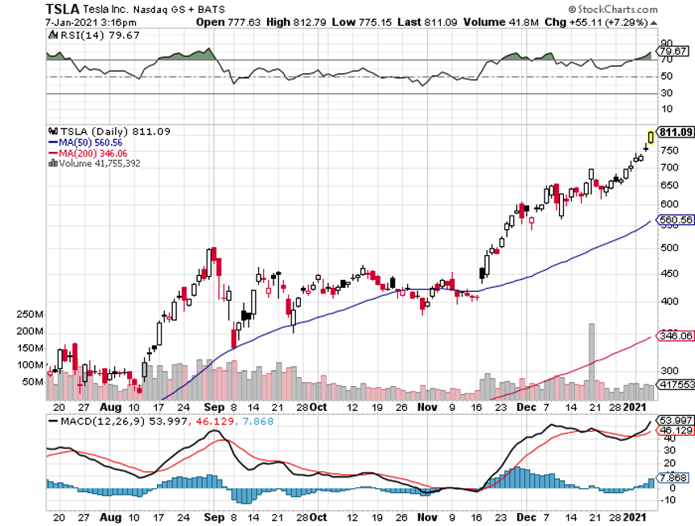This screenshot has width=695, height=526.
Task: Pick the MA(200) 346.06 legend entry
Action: (x=90, y=152)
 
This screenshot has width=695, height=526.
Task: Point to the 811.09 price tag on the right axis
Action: (x=675, y=132)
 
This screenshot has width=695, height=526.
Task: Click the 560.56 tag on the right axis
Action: (x=675, y=219)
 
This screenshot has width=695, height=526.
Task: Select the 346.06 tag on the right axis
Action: (x=675, y=335)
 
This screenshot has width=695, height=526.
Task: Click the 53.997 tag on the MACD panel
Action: (x=675, y=421)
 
